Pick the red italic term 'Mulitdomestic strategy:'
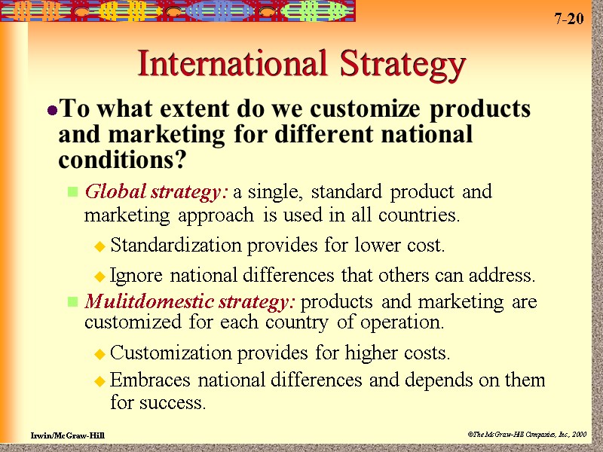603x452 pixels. click(x=191, y=303)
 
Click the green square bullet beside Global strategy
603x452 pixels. click(x=73, y=193)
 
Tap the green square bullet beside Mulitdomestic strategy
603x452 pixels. click(x=73, y=303)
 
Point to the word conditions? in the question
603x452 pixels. click(x=121, y=160)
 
